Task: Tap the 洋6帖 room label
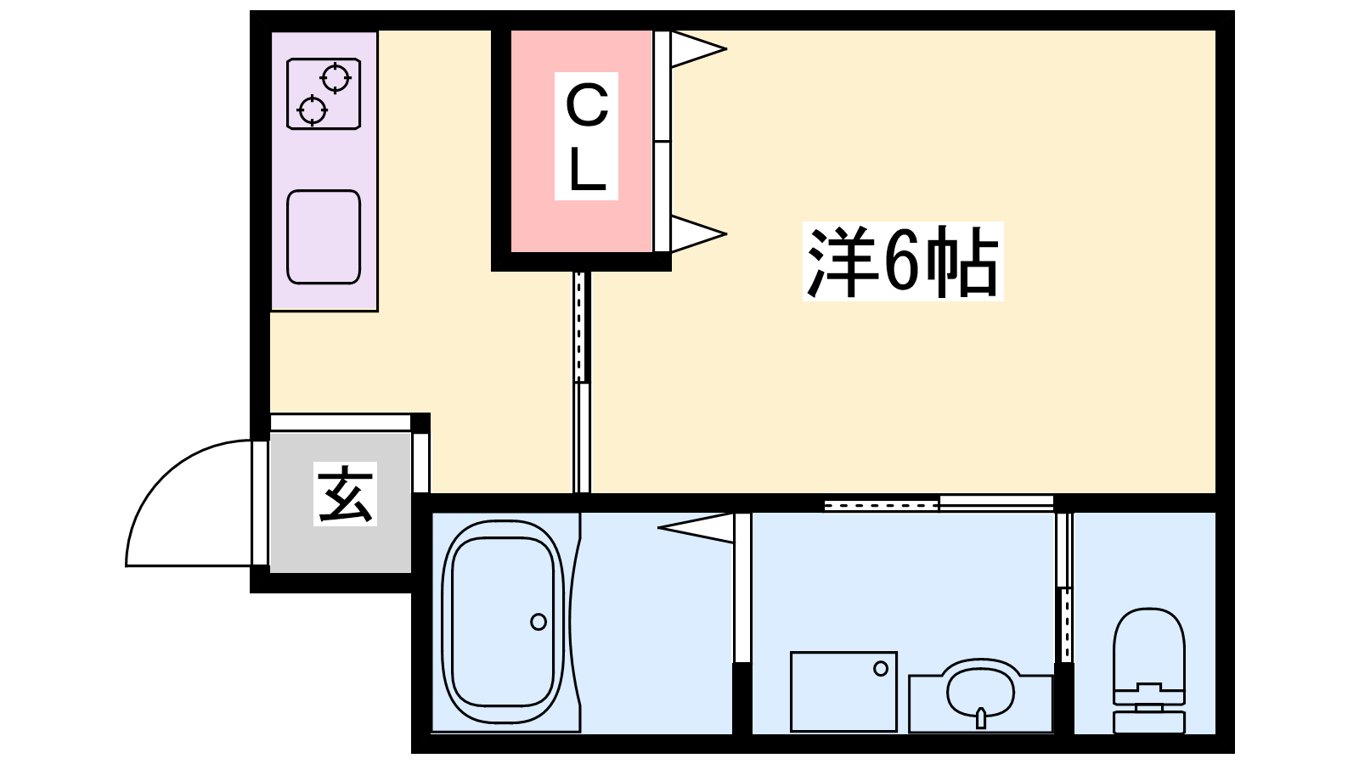point(902,261)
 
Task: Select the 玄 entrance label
point(345,494)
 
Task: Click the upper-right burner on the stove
point(336,78)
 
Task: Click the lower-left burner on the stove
point(313,109)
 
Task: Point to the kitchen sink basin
point(324,237)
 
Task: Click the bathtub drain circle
point(539,621)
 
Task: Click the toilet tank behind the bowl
point(1148,722)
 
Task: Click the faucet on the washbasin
point(981,718)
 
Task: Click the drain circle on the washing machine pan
point(881,669)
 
